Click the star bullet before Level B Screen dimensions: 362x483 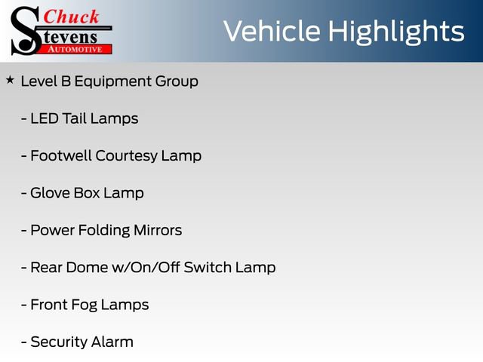[x=10, y=79]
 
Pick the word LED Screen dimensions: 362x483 [x=45, y=118]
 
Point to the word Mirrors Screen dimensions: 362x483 [x=158, y=230]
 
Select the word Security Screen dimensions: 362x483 [x=60, y=342]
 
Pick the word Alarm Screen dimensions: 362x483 [x=113, y=342]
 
